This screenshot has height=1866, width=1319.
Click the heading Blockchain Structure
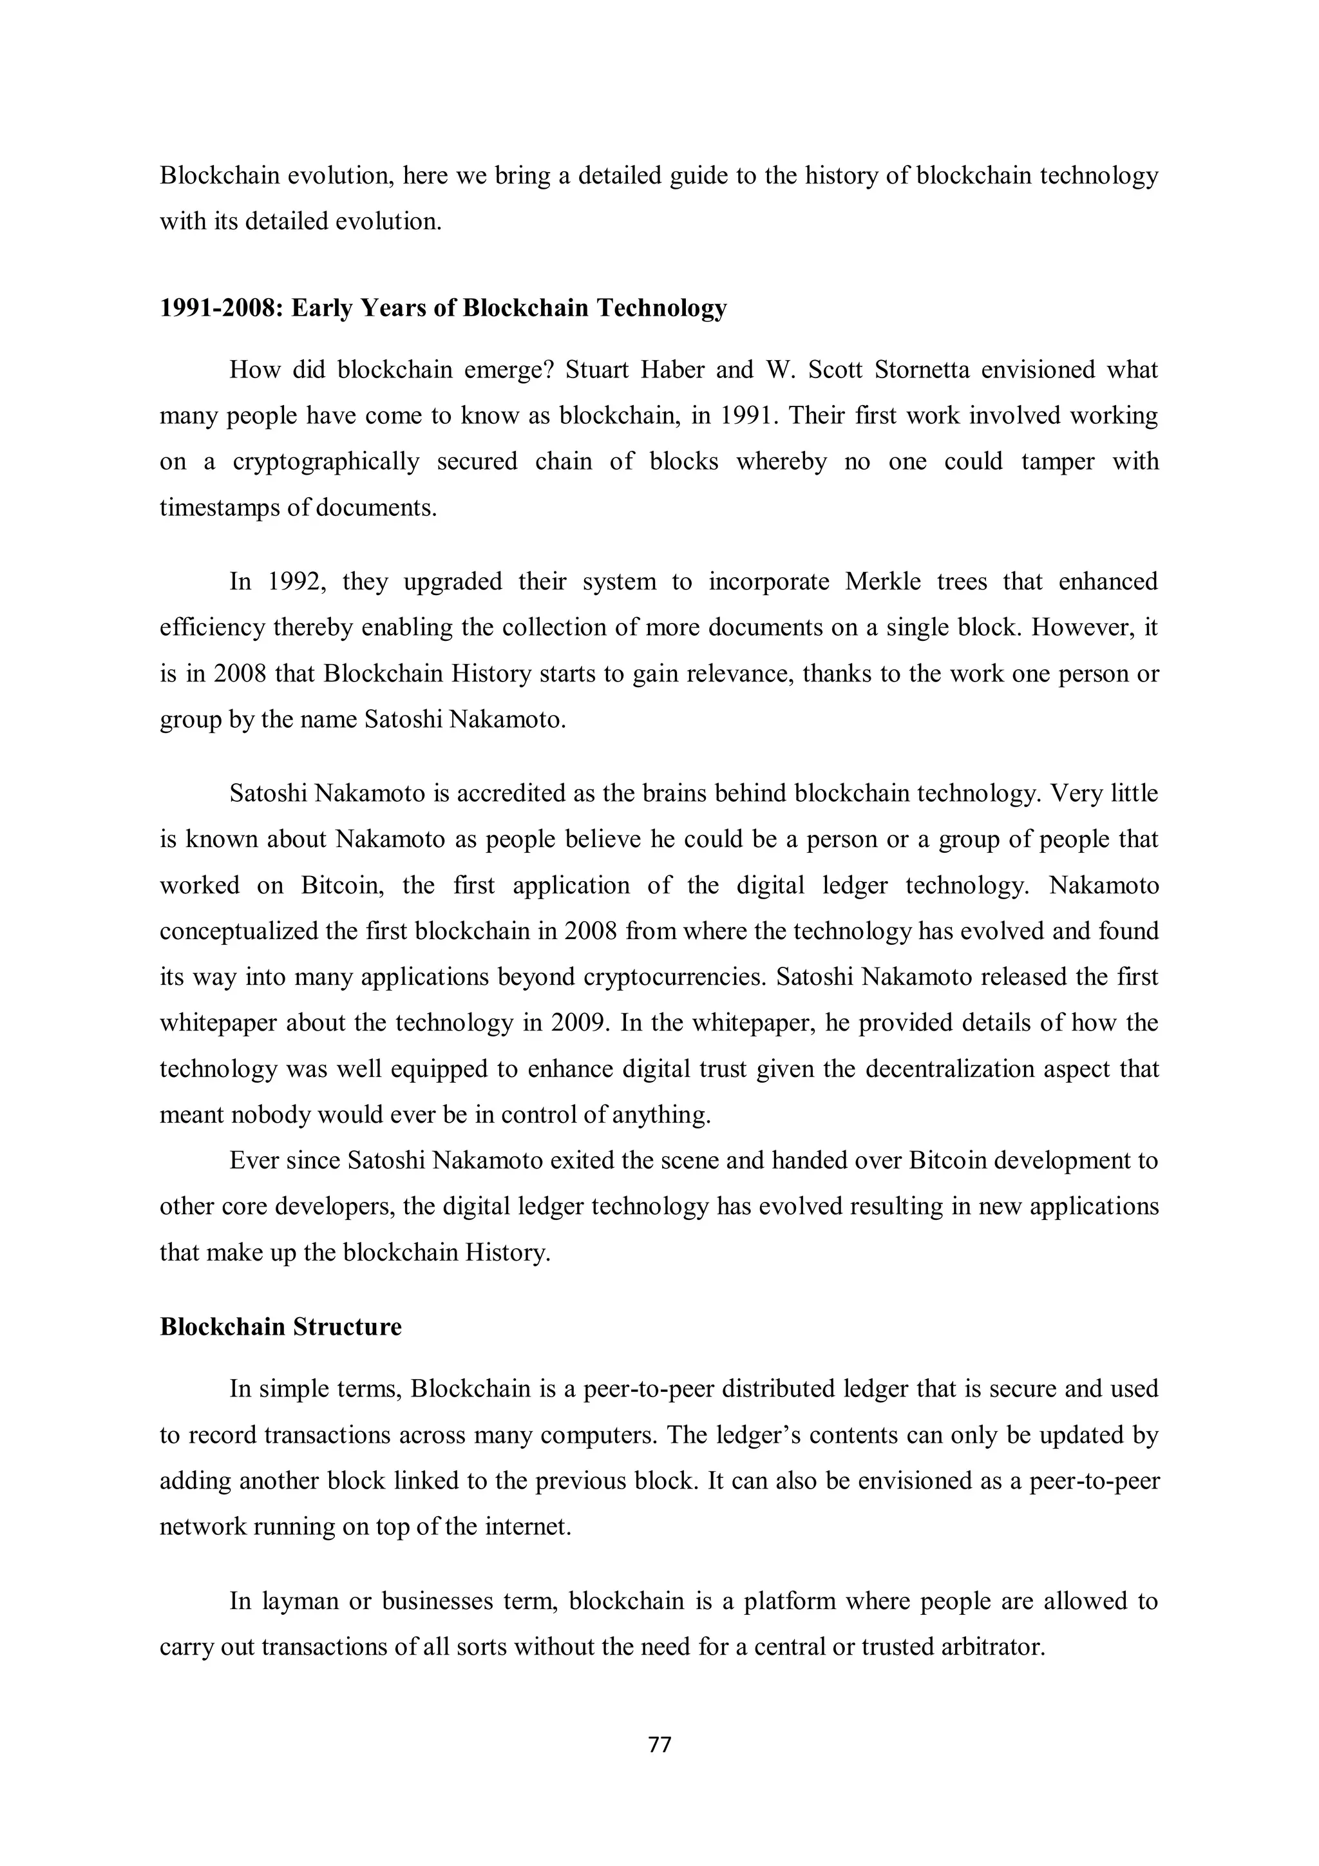coord(280,1326)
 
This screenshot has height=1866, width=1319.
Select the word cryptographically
coord(326,462)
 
